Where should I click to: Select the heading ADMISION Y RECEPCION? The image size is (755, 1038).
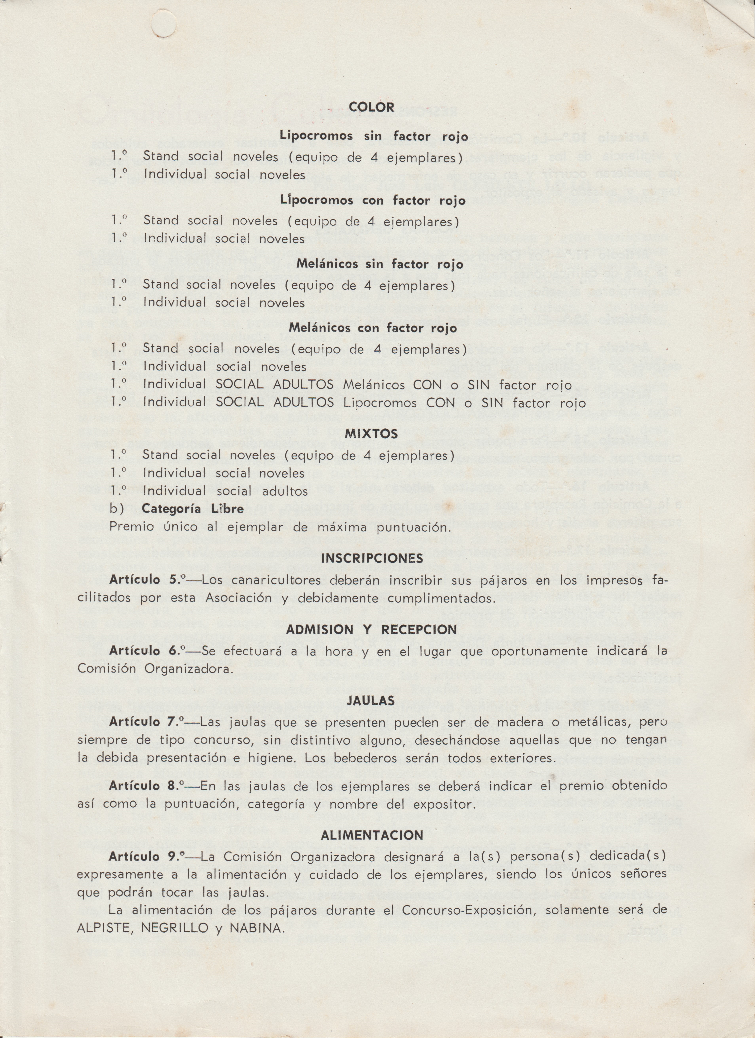coord(371,630)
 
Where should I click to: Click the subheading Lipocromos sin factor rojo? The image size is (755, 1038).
coord(374,136)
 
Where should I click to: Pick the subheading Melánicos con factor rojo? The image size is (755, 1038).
coord(373,328)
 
